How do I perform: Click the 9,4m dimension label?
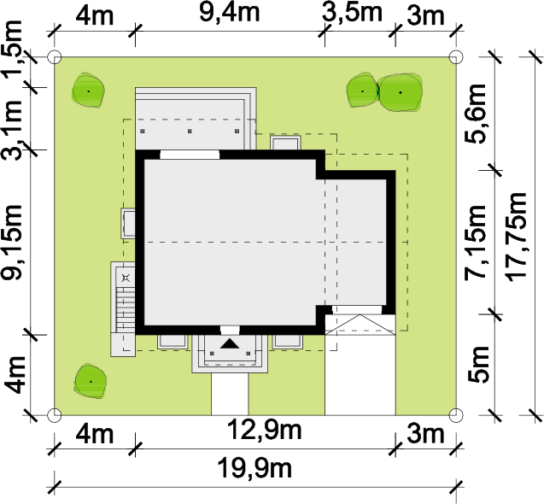pos(230,13)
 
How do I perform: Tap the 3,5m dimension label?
pos(352,13)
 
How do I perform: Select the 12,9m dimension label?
pos(264,430)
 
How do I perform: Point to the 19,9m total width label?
pos(254,468)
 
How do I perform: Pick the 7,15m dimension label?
pos(476,243)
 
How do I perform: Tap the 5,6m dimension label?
pos(476,114)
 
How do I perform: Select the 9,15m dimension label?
pos(12,243)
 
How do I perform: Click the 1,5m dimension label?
pos(13,50)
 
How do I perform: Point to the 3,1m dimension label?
pos(12,130)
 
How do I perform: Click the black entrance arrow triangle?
pos(230,343)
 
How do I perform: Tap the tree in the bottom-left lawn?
pos(91,382)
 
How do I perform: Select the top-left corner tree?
pos(89,91)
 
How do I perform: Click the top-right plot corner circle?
pos(456,56)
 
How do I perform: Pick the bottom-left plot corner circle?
pos(54,415)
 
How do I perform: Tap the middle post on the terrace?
pos(190,132)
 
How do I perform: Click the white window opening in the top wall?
pos(190,155)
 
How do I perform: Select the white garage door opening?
pos(357,310)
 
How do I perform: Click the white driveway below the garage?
pos(360,375)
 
